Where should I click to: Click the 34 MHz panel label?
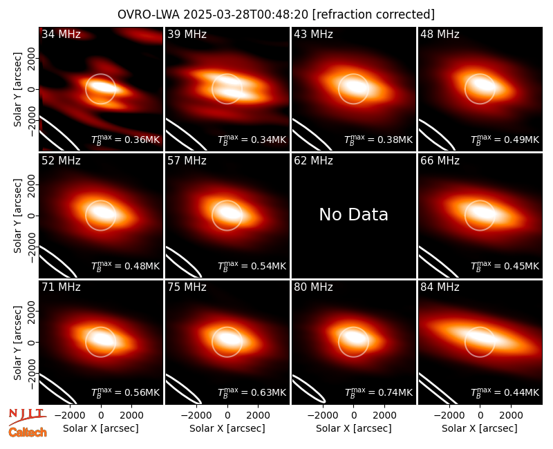pos(61,34)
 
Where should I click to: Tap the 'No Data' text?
pos(353,214)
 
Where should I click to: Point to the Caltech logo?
pos(28,432)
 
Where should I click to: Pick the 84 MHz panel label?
pos(440,287)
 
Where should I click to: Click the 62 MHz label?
pos(314,161)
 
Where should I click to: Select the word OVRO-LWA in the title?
pos(149,15)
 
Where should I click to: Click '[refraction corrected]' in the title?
pos(373,15)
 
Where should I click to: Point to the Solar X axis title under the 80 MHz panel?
pos(353,428)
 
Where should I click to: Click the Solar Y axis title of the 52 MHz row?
pos(17,216)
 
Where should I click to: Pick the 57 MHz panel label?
pos(187,161)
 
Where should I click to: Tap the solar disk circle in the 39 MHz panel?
pos(227,74)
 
